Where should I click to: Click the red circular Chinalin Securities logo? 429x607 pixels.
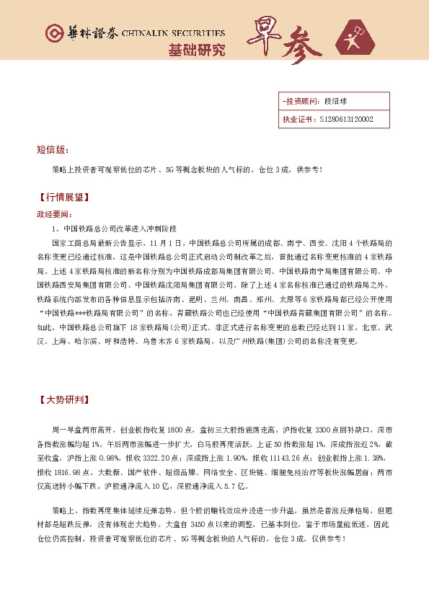(53, 33)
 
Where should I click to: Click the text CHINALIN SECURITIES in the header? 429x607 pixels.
(174, 33)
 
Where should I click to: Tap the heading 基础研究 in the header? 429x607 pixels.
(196, 50)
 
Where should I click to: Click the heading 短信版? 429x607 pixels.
(52, 151)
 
